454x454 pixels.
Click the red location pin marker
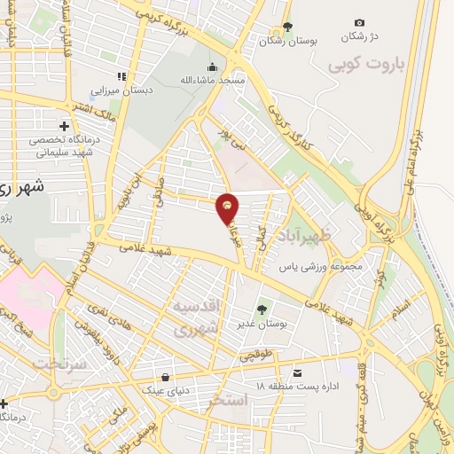(228, 207)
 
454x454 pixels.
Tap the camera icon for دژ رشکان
(359, 23)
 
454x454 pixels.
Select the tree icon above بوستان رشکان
(286, 27)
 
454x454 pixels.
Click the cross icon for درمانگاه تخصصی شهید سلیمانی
(64, 125)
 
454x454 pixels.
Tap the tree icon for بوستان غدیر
(262, 309)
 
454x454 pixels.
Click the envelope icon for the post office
(298, 372)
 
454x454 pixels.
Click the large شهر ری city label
(25, 188)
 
